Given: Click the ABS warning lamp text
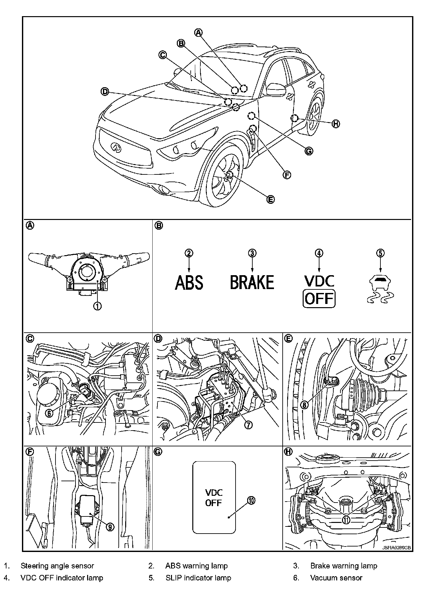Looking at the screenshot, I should click(x=189, y=282).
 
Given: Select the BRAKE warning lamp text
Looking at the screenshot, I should click(x=252, y=282).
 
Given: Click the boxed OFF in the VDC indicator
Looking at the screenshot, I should click(x=319, y=299).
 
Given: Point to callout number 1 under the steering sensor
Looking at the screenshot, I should click(x=97, y=306).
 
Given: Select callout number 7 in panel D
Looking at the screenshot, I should click(x=248, y=425).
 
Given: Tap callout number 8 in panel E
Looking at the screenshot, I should click(x=304, y=404).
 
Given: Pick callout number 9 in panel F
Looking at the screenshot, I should click(x=110, y=527).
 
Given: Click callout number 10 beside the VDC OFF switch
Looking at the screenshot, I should click(x=251, y=500).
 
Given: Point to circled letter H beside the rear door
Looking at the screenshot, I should click(x=336, y=124).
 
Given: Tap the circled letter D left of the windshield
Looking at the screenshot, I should click(x=105, y=92).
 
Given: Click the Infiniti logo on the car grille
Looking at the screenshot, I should click(x=116, y=147).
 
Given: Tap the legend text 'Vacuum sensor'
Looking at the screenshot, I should click(x=336, y=578).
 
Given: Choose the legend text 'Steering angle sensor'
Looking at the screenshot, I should click(x=57, y=566).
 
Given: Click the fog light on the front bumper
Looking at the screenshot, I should click(x=166, y=190).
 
